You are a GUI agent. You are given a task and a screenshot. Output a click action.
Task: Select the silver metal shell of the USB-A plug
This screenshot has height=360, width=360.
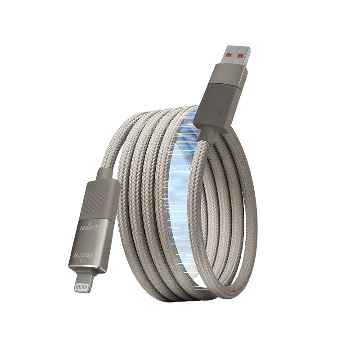[x=234, y=55]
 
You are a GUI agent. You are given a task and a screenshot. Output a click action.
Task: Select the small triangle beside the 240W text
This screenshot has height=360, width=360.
[x=90, y=222]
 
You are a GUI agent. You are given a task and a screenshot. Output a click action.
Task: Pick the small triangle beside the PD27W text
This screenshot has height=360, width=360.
[x=81, y=261]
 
